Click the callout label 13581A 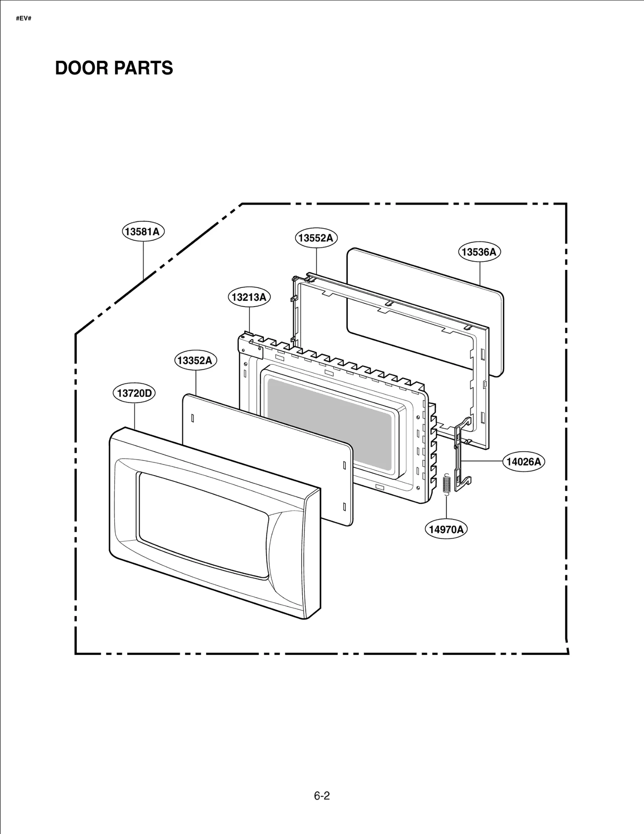tap(143, 232)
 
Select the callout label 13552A tap(316, 238)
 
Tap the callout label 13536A tap(479, 252)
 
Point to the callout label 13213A tap(249, 297)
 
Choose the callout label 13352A tap(195, 360)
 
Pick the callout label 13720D tap(134, 393)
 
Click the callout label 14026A tap(523, 462)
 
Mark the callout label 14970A tap(446, 529)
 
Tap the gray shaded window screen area tap(329, 422)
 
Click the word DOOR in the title tap(80, 68)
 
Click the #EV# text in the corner tap(24, 19)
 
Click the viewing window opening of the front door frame tap(201, 523)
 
